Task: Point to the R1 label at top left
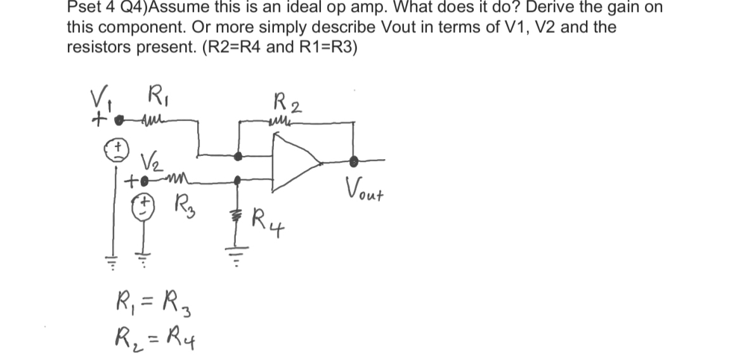(155, 100)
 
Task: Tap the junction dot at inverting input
(237, 155)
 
